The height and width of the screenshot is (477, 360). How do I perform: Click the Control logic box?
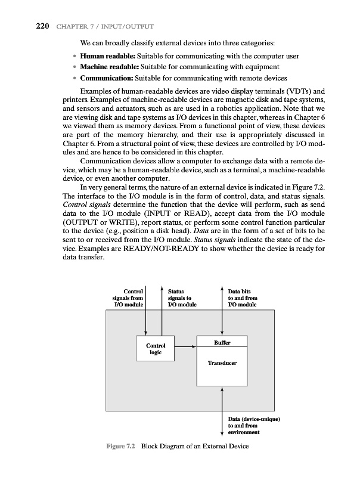pyautogui.click(x=156, y=348)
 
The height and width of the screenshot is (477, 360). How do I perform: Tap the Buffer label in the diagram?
pyautogui.click(x=222, y=342)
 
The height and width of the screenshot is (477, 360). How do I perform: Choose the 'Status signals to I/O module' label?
pyautogui.click(x=179, y=297)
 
